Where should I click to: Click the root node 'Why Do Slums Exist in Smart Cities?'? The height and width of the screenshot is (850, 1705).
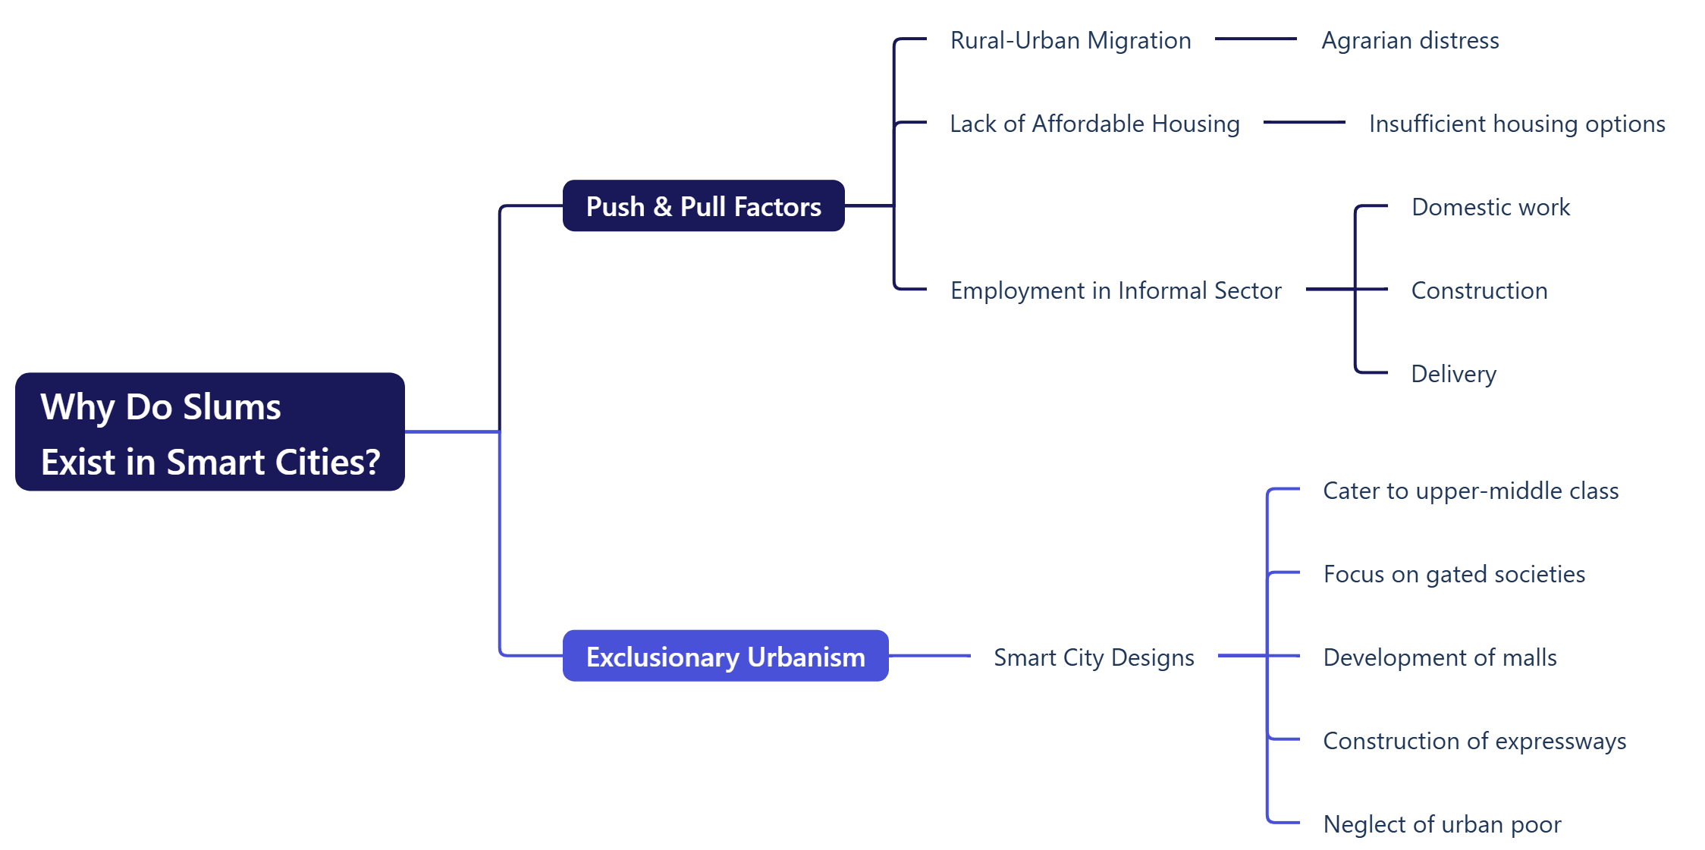pos(210,431)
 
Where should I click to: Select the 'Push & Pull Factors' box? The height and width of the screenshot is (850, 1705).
pos(703,206)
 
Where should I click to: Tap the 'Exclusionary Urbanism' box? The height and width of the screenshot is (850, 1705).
pos(725,656)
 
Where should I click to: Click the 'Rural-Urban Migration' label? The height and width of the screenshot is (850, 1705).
pos(1070,40)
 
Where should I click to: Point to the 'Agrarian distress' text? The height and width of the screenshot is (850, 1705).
pos(1410,40)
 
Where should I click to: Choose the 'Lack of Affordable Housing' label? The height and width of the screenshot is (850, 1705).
pos(1094,124)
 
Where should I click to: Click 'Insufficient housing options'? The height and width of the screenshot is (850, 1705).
pos(1517,124)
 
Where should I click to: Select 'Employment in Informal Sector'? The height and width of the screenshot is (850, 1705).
pos(1116,290)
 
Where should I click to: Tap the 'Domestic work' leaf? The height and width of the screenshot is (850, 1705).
pos(1490,207)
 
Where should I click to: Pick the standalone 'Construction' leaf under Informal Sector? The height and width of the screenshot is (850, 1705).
pos(1479,290)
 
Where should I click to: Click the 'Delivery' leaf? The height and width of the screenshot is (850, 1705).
pos(1453,374)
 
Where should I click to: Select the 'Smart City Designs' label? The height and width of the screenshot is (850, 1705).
pos(1094,657)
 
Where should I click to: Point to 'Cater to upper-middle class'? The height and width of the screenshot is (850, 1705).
pos(1471,491)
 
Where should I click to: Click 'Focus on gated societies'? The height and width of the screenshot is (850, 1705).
pos(1454,574)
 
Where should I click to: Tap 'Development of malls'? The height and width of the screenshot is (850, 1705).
pos(1440,657)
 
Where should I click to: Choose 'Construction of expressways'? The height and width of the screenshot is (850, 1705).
pos(1474,741)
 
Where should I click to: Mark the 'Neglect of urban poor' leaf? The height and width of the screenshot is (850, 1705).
pos(1442,824)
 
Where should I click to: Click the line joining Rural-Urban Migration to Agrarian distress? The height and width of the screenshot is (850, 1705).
pos(1255,39)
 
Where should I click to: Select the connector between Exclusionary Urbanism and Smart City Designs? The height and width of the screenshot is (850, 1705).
pos(929,656)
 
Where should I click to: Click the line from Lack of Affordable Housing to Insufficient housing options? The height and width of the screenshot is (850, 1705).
pos(1304,122)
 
